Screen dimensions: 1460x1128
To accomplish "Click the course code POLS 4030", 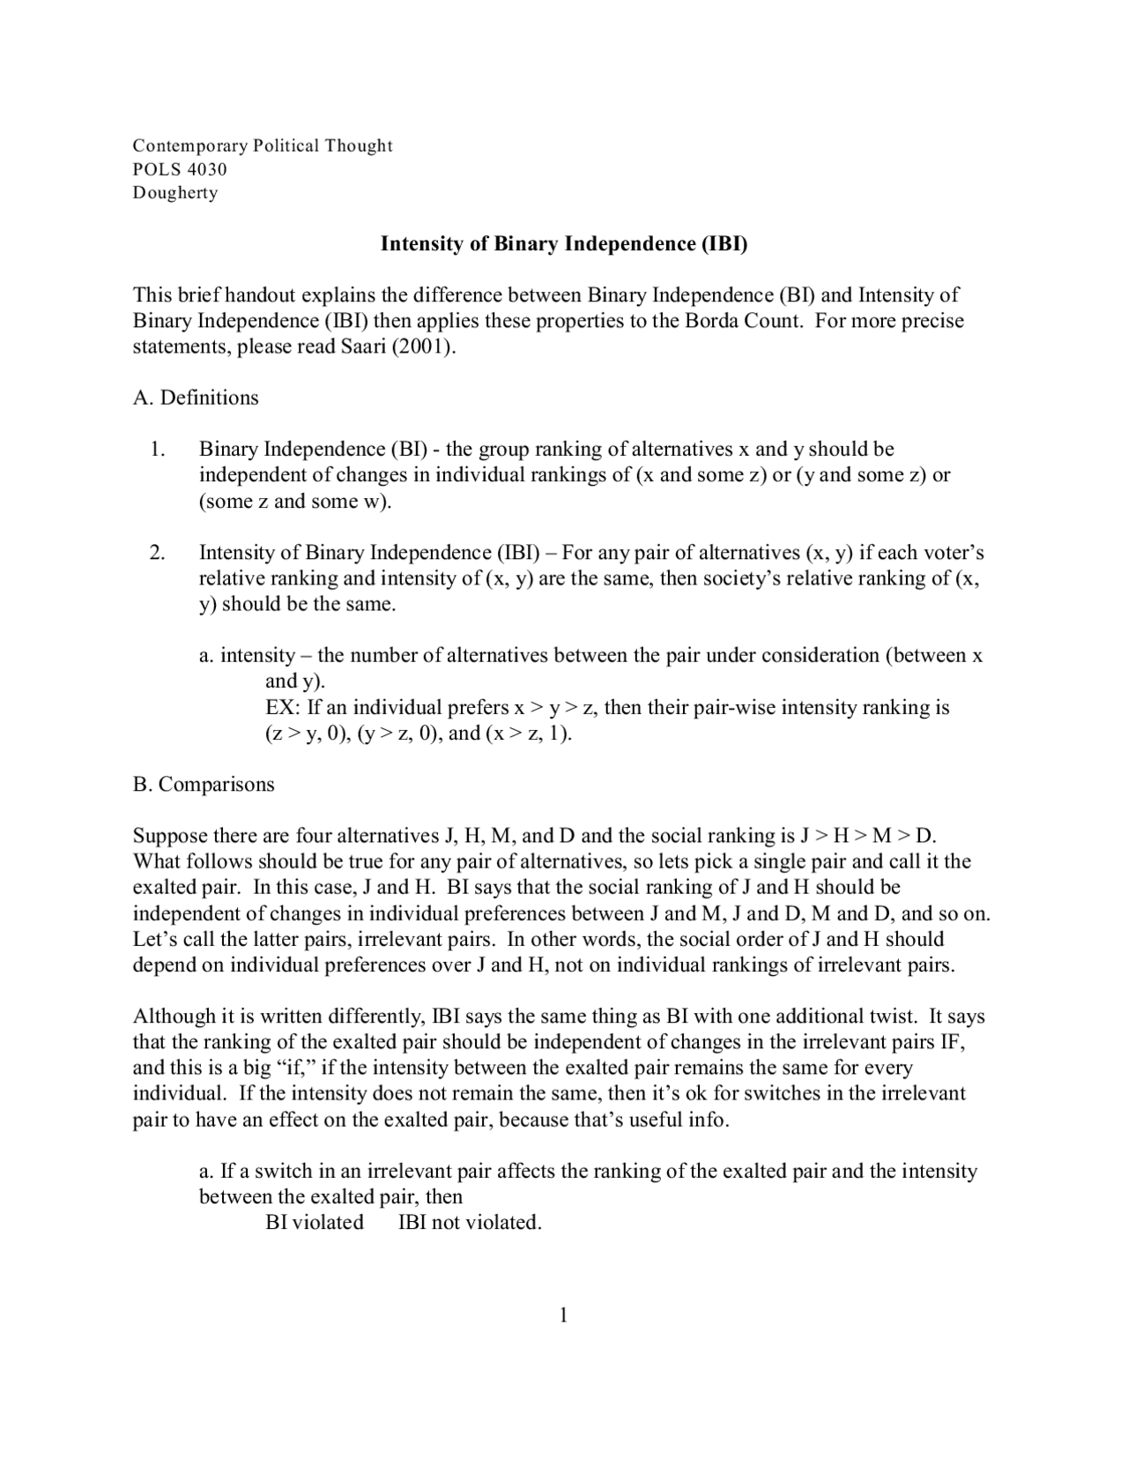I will tap(180, 169).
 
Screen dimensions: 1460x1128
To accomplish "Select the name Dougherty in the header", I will tap(175, 193).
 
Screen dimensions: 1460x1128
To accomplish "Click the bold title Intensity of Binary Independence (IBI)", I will tap(563, 244).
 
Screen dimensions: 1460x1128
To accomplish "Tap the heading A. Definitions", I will tap(196, 398).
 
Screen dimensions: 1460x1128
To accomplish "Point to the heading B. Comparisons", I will tap(204, 785).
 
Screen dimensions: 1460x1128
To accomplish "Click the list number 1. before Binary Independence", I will tap(157, 450).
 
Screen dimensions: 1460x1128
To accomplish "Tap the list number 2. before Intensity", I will tap(157, 553).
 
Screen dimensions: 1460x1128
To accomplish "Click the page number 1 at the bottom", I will tap(563, 1316).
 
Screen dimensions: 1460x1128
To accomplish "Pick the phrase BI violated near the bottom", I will tap(315, 1223).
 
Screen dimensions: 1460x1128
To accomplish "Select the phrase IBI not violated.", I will tap(470, 1223).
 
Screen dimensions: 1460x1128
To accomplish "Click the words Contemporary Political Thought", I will tap(263, 145).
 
